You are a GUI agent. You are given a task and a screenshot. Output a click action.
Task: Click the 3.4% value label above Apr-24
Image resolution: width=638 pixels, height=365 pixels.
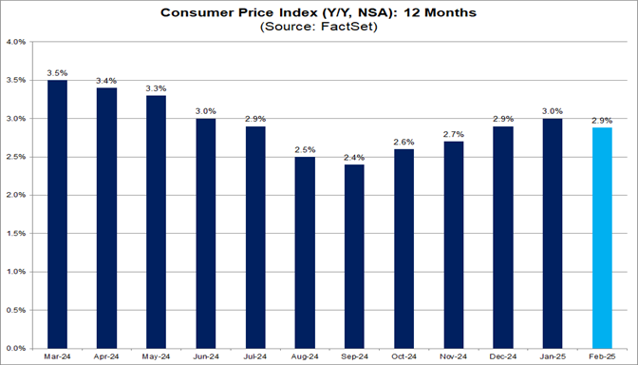(106, 81)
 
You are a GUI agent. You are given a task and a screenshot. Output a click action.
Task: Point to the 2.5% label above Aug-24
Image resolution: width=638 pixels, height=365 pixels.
(304, 149)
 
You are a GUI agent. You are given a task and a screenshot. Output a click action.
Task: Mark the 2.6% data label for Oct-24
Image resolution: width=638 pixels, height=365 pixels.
(403, 142)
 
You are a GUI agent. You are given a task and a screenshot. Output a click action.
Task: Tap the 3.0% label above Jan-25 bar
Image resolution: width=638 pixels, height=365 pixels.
(551, 111)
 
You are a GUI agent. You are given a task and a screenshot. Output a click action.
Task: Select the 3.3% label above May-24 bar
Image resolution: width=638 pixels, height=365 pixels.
(156, 88)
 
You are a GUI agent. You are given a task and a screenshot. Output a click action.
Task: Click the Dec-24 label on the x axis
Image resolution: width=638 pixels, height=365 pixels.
(501, 358)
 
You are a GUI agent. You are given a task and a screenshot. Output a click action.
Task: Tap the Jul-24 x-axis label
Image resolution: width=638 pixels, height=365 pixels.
(254, 358)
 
